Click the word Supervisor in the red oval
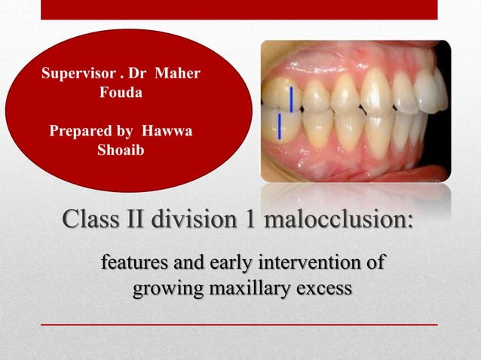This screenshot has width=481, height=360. (75, 75)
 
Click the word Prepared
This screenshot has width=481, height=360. (81, 130)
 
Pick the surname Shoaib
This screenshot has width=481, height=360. (121, 149)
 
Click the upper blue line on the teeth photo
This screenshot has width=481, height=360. (291, 99)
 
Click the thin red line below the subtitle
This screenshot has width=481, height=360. (239, 324)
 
